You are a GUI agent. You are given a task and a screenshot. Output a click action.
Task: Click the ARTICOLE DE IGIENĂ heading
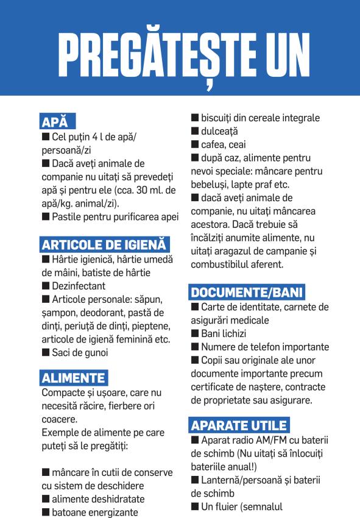pyautogui.click(x=104, y=245)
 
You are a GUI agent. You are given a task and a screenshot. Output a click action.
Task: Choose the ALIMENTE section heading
pyautogui.click(x=74, y=378)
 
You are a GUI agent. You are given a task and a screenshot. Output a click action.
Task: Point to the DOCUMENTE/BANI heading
pyautogui.click(x=247, y=292)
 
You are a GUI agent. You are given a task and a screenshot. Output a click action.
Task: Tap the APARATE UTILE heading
pyautogui.click(x=239, y=425)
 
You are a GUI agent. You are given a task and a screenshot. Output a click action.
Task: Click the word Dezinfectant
pyautogui.click(x=79, y=286)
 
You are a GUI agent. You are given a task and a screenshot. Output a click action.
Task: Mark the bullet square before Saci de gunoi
pyautogui.click(x=45, y=352)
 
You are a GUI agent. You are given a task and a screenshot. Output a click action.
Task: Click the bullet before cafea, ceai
pyautogui.click(x=195, y=145)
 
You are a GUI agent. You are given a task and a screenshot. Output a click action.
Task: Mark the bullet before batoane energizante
pyautogui.click(x=45, y=513)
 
